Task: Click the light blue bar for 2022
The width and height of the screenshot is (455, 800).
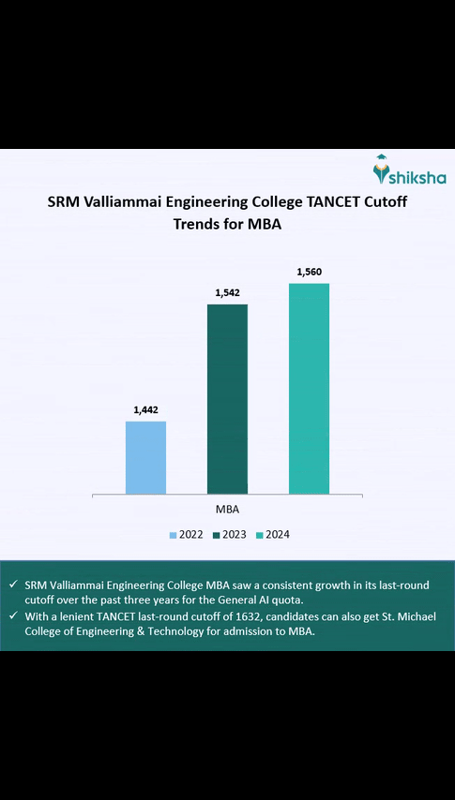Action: pos(145,457)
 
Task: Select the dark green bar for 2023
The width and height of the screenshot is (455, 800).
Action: pos(227,398)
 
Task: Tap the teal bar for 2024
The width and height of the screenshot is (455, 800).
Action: pos(309,388)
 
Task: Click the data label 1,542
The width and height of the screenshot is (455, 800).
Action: pos(227,293)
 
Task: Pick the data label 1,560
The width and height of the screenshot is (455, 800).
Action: pos(310,272)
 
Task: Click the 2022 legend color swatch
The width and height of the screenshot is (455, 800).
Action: pos(174,535)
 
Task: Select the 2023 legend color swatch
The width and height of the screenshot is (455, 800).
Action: pos(217,535)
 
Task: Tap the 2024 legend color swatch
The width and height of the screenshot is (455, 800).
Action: pos(261,535)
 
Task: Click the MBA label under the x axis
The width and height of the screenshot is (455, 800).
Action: pos(226,510)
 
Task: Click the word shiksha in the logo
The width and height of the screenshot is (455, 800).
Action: pos(417,178)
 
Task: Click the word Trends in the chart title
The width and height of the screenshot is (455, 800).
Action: pos(198,225)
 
